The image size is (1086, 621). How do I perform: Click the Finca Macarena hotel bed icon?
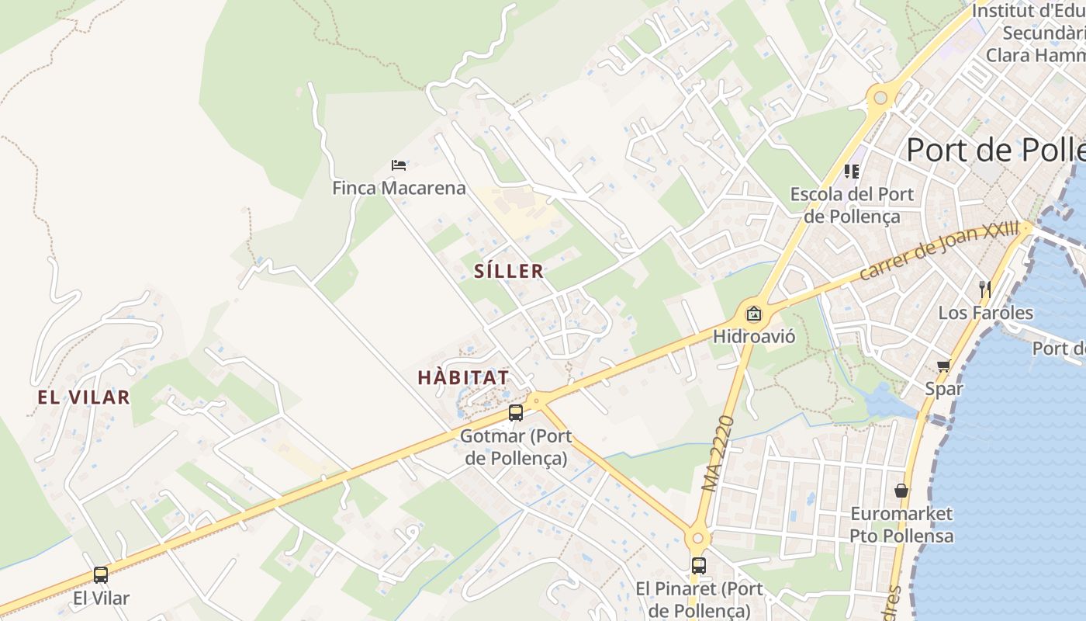[x=399, y=165]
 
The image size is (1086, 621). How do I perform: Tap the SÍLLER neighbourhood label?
[x=509, y=271]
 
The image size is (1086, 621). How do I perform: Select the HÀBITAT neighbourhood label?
[x=463, y=378]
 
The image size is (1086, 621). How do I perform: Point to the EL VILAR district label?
[x=84, y=397]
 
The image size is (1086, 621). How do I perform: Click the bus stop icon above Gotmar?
[x=516, y=413]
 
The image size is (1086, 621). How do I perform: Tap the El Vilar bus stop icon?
[x=101, y=575]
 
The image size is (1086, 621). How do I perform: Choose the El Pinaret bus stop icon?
[x=699, y=565]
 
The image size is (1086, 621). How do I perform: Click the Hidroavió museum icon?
[x=753, y=314]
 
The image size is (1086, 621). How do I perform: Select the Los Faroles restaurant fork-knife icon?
[x=985, y=290]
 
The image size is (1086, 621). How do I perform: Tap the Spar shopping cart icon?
[x=944, y=366]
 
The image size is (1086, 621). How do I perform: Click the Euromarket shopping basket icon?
[x=901, y=491]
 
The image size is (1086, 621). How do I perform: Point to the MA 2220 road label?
[x=718, y=454]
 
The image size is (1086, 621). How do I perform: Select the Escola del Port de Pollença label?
[x=852, y=205]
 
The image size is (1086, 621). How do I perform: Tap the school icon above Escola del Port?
[x=852, y=171]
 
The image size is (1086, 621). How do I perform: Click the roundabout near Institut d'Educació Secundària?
[x=880, y=98]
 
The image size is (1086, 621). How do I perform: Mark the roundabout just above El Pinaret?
[x=697, y=536]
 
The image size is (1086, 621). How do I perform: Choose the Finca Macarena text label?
[x=399, y=188]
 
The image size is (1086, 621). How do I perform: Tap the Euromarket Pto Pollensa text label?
[x=901, y=525]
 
